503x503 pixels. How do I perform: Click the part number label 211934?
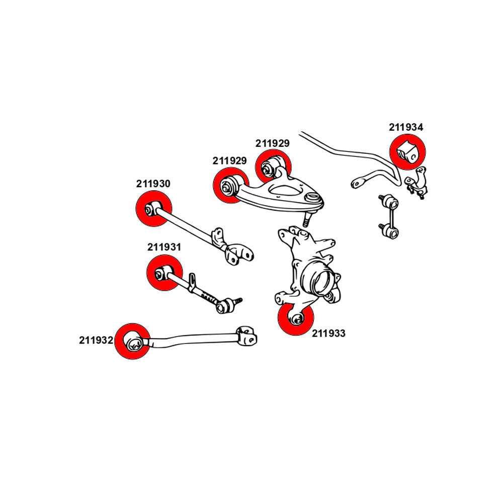pyautogui.click(x=406, y=127)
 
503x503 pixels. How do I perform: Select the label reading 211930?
pyautogui.click(x=153, y=184)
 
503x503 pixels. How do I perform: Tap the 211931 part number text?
pyautogui.click(x=164, y=247)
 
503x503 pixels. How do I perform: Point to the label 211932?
pyautogui.click(x=96, y=340)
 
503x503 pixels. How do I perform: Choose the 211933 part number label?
pyautogui.click(x=329, y=333)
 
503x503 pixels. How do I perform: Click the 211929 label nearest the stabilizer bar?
pyautogui.click(x=272, y=143)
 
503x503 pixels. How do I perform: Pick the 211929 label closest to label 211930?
pyautogui.click(x=229, y=161)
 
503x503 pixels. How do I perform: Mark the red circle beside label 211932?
pyautogui.click(x=132, y=342)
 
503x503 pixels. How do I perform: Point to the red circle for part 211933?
pyautogui.click(x=296, y=318)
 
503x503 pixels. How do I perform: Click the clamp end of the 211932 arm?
pyautogui.click(x=246, y=335)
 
